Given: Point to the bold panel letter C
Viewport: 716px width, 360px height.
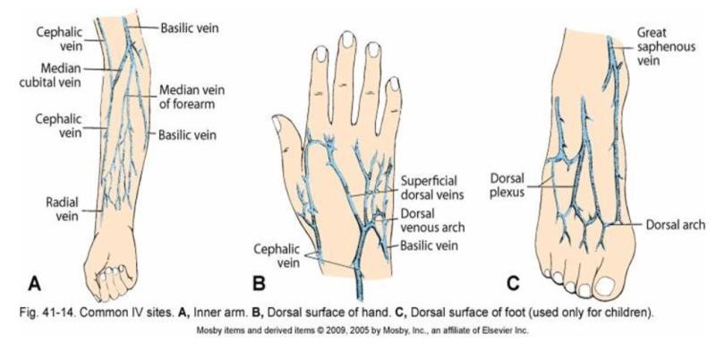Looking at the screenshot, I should [x=511, y=284].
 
